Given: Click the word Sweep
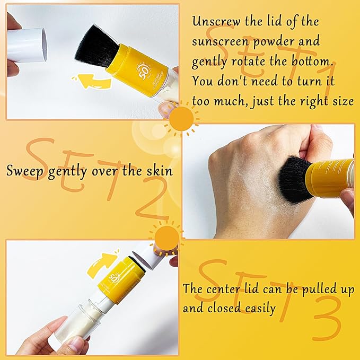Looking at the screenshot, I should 24,171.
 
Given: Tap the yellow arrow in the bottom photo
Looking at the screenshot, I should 102,262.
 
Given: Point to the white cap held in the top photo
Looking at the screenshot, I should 28,45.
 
